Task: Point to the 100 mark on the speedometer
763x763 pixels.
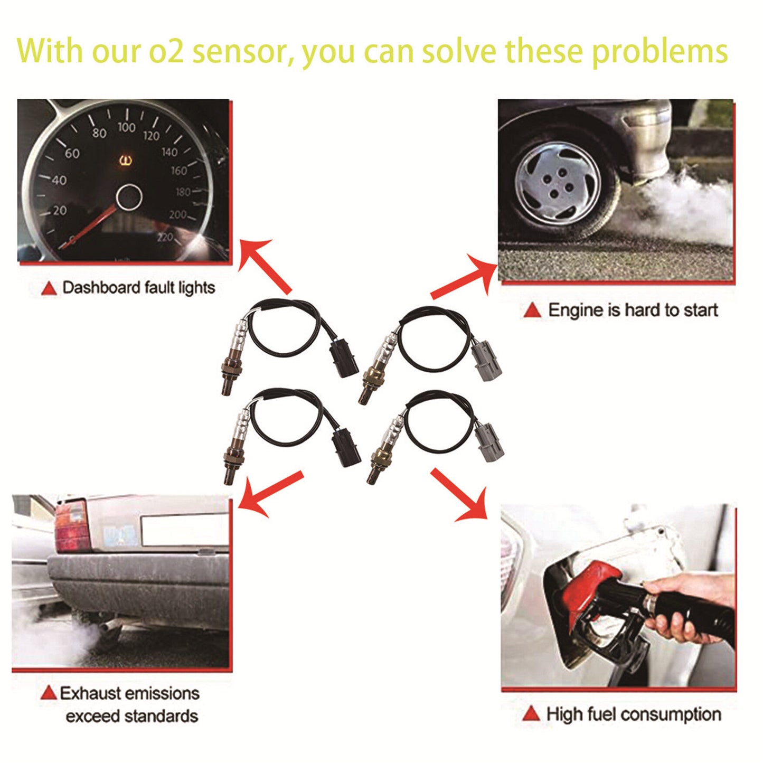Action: pos(126,127)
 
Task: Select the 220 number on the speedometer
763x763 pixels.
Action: pos(165,237)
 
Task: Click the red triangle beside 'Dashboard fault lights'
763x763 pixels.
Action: pos(49,288)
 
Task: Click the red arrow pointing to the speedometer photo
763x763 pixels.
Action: pos(263,265)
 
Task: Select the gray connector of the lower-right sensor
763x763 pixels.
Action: pos(491,442)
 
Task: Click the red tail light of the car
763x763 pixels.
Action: pos(71,525)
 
